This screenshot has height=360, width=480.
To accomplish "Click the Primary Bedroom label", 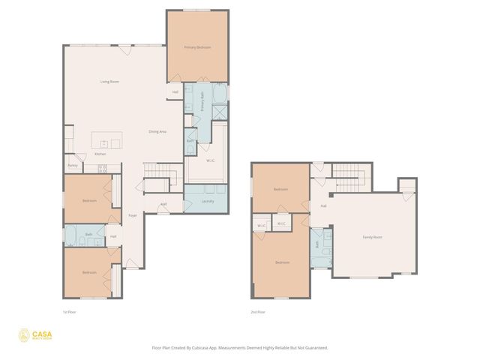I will click(197, 47).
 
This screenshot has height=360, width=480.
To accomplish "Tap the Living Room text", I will click(110, 81).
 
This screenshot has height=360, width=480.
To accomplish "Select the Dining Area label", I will click(157, 131).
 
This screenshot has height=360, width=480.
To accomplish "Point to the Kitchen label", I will click(100, 154).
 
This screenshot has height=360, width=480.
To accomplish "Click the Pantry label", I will click(73, 165).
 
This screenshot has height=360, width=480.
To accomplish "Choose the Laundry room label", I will click(208, 201).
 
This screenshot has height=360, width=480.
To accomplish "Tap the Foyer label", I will click(132, 215).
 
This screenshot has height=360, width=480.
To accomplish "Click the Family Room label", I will click(372, 237).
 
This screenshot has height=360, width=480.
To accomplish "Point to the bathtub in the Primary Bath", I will click(218, 94).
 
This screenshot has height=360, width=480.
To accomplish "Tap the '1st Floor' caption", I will click(70, 311).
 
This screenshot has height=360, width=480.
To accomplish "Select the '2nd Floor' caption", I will click(259, 311).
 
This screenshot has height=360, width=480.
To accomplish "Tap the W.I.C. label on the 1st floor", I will click(211, 160).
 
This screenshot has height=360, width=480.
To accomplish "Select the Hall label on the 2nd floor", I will click(323, 205).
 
